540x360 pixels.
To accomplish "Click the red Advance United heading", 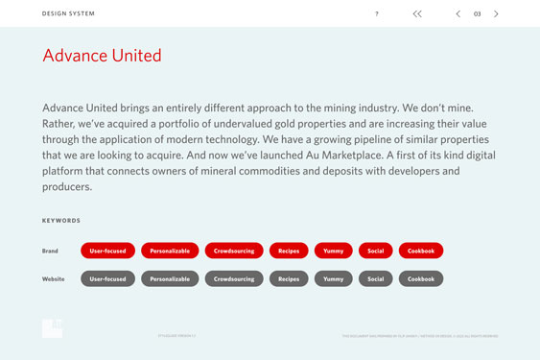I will (x=102, y=56).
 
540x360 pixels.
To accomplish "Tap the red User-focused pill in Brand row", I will (x=108, y=251).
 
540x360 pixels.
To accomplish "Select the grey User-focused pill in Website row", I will (x=108, y=278).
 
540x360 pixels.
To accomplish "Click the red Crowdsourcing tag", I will (x=234, y=251).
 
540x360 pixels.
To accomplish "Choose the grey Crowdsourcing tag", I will (x=234, y=278).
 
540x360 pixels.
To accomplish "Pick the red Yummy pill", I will (x=333, y=251).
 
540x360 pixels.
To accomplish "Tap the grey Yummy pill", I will (x=333, y=278).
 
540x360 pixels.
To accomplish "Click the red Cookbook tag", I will (x=421, y=251).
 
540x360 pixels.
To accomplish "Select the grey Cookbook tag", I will (x=421, y=278).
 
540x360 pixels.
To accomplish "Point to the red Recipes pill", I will (x=289, y=251).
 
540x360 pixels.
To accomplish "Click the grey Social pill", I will (x=375, y=278).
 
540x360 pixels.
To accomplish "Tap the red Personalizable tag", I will (x=170, y=251).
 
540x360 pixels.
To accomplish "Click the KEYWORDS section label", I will (x=61, y=220).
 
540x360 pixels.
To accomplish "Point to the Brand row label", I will (x=51, y=251).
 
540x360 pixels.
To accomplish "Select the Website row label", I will (x=54, y=278).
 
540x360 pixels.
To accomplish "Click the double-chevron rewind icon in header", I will (x=417, y=13).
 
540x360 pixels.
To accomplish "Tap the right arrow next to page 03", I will (x=496, y=13).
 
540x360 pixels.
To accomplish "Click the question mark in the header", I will (x=377, y=13).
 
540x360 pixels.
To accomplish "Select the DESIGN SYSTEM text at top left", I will (x=69, y=13).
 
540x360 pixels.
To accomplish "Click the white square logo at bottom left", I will (x=52, y=328).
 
